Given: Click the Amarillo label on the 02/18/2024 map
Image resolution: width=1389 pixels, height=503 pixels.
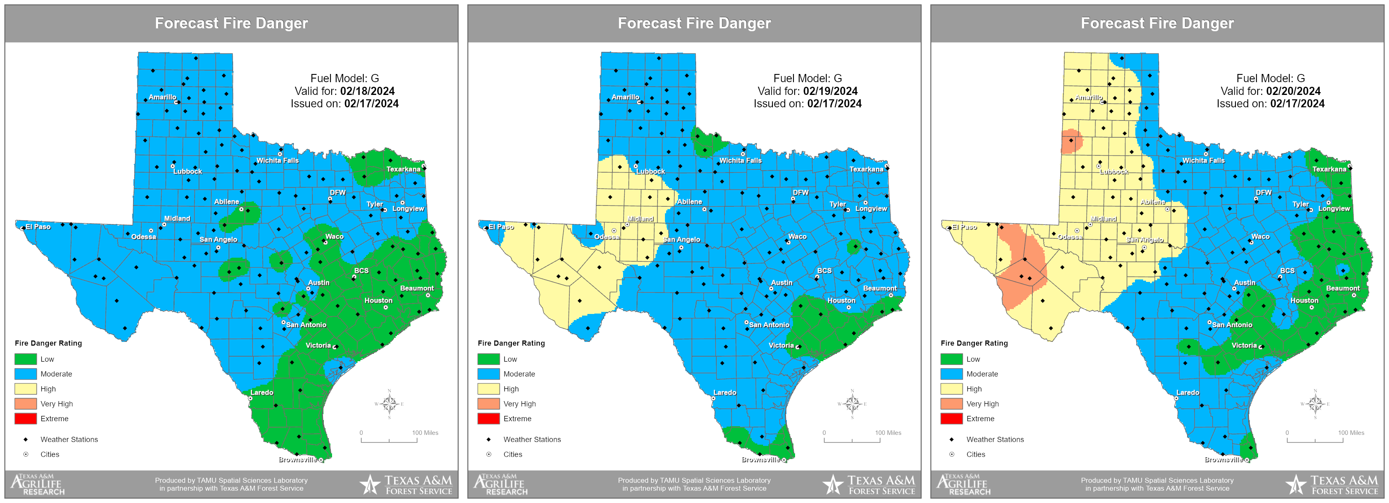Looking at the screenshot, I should (162, 97).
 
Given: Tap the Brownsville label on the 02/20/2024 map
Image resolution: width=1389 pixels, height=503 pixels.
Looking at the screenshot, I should (1223, 459).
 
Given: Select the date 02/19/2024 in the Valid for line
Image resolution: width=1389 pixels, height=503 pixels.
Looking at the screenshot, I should (830, 91).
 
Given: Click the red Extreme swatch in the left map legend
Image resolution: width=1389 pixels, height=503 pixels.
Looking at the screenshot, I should (26, 418).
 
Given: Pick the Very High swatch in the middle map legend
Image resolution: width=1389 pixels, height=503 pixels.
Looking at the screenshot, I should (488, 404).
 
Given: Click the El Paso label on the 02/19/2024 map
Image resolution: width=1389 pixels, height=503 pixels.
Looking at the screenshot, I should (501, 227).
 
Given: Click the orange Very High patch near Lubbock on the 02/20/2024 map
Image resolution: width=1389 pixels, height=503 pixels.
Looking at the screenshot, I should (1071, 141).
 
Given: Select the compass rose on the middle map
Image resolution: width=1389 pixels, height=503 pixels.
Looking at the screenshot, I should (852, 404).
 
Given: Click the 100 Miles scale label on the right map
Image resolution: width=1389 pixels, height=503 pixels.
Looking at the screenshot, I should (1351, 433).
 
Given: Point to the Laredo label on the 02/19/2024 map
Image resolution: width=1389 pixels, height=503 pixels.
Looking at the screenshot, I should (725, 392).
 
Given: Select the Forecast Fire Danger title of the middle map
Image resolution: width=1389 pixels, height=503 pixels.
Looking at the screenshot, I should (694, 23).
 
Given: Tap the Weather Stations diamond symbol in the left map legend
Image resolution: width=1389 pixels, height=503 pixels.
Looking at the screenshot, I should (25, 439).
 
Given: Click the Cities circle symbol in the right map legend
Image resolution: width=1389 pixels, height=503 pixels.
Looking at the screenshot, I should (952, 455).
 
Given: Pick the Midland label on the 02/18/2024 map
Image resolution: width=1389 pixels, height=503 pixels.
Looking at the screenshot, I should (177, 219).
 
